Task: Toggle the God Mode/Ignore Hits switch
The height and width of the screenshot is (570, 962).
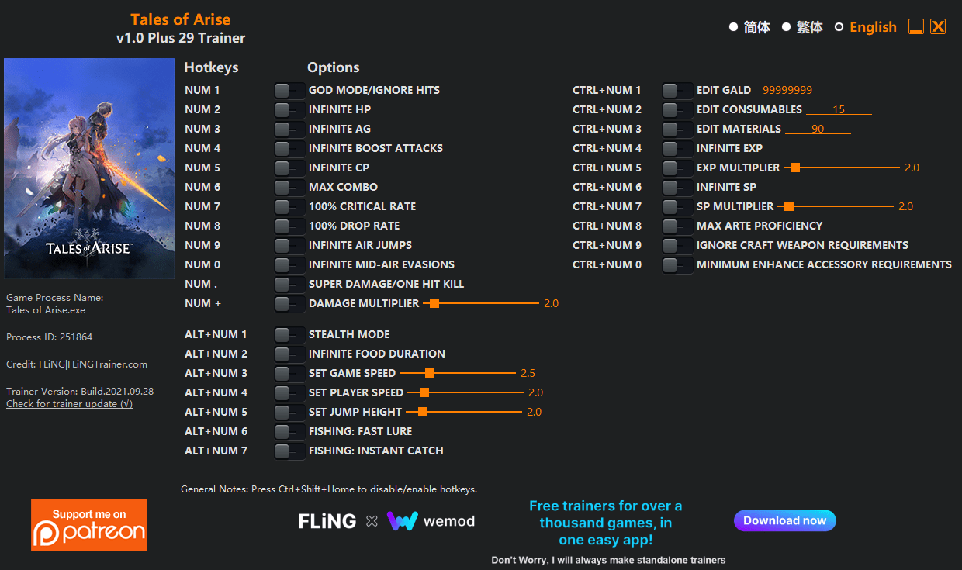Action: tap(289, 91)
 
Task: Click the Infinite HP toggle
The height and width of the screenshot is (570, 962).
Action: tap(289, 110)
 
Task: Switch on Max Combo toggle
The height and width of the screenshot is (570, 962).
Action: tap(289, 188)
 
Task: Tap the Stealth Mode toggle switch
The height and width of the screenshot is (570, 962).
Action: tap(289, 335)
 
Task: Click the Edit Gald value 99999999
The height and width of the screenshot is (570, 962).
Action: tap(787, 90)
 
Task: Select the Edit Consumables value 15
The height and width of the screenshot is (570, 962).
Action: tap(839, 109)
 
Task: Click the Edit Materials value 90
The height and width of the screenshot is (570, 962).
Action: tap(818, 129)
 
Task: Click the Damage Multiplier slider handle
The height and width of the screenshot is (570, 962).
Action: tap(434, 303)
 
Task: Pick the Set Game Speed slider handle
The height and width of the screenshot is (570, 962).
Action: tap(430, 373)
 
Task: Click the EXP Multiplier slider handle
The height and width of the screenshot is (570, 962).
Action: tap(795, 168)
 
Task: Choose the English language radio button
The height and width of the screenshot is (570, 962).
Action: tap(839, 27)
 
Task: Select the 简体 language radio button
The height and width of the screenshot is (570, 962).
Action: tap(734, 27)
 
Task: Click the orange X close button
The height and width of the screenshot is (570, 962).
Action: tap(938, 26)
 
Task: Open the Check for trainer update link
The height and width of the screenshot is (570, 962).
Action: tap(69, 404)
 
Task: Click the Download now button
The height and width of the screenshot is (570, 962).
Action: tap(784, 520)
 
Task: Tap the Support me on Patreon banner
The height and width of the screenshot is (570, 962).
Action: tap(89, 525)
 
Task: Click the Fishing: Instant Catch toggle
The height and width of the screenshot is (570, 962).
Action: tap(289, 451)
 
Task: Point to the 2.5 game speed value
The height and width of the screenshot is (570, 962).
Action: tap(528, 374)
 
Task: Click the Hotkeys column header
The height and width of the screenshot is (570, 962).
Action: tap(211, 67)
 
